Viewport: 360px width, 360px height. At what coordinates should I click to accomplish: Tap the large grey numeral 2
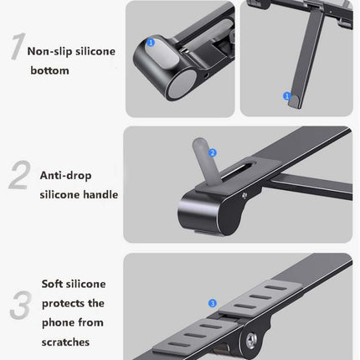[x=19, y=177]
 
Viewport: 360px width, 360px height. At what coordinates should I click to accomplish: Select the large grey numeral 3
[x=19, y=305]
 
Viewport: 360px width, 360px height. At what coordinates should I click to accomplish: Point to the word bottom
[x=49, y=71]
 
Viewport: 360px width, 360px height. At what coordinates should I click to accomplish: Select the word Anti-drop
[x=65, y=177]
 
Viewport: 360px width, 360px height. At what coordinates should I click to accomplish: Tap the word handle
[x=100, y=195]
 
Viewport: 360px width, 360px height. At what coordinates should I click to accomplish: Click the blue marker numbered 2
[x=213, y=153]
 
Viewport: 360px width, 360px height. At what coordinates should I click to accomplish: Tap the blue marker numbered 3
[x=213, y=301]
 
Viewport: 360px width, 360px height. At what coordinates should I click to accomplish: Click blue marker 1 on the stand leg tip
[x=287, y=97]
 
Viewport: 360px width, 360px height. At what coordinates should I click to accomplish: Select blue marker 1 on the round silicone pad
[x=151, y=41]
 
